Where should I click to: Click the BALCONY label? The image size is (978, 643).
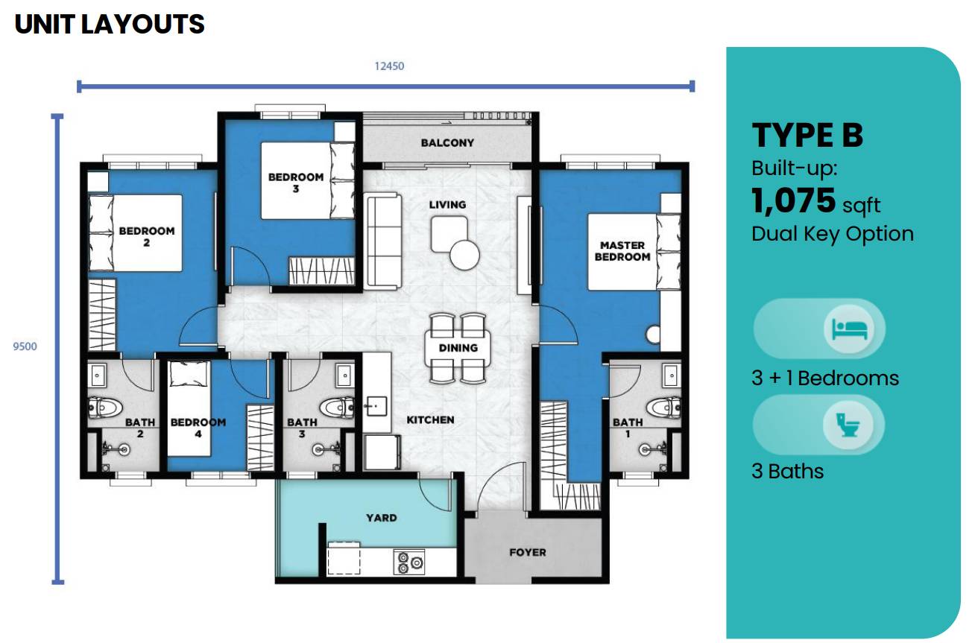(447, 142)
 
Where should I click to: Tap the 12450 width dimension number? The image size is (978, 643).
(389, 66)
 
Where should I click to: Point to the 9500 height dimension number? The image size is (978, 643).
(25, 346)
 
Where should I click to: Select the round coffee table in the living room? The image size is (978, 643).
(464, 256)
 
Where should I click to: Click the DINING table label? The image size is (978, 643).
(457, 348)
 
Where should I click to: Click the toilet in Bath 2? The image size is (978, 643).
(105, 408)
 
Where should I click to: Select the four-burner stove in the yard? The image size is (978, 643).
(409, 562)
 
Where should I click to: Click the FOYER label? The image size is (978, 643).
(527, 552)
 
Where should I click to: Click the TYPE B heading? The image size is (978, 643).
(807, 136)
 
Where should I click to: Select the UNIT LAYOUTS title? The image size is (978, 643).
(110, 25)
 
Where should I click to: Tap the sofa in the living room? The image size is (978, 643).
(382, 240)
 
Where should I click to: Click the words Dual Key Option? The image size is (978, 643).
(832, 234)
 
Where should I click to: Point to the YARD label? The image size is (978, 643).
(381, 517)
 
